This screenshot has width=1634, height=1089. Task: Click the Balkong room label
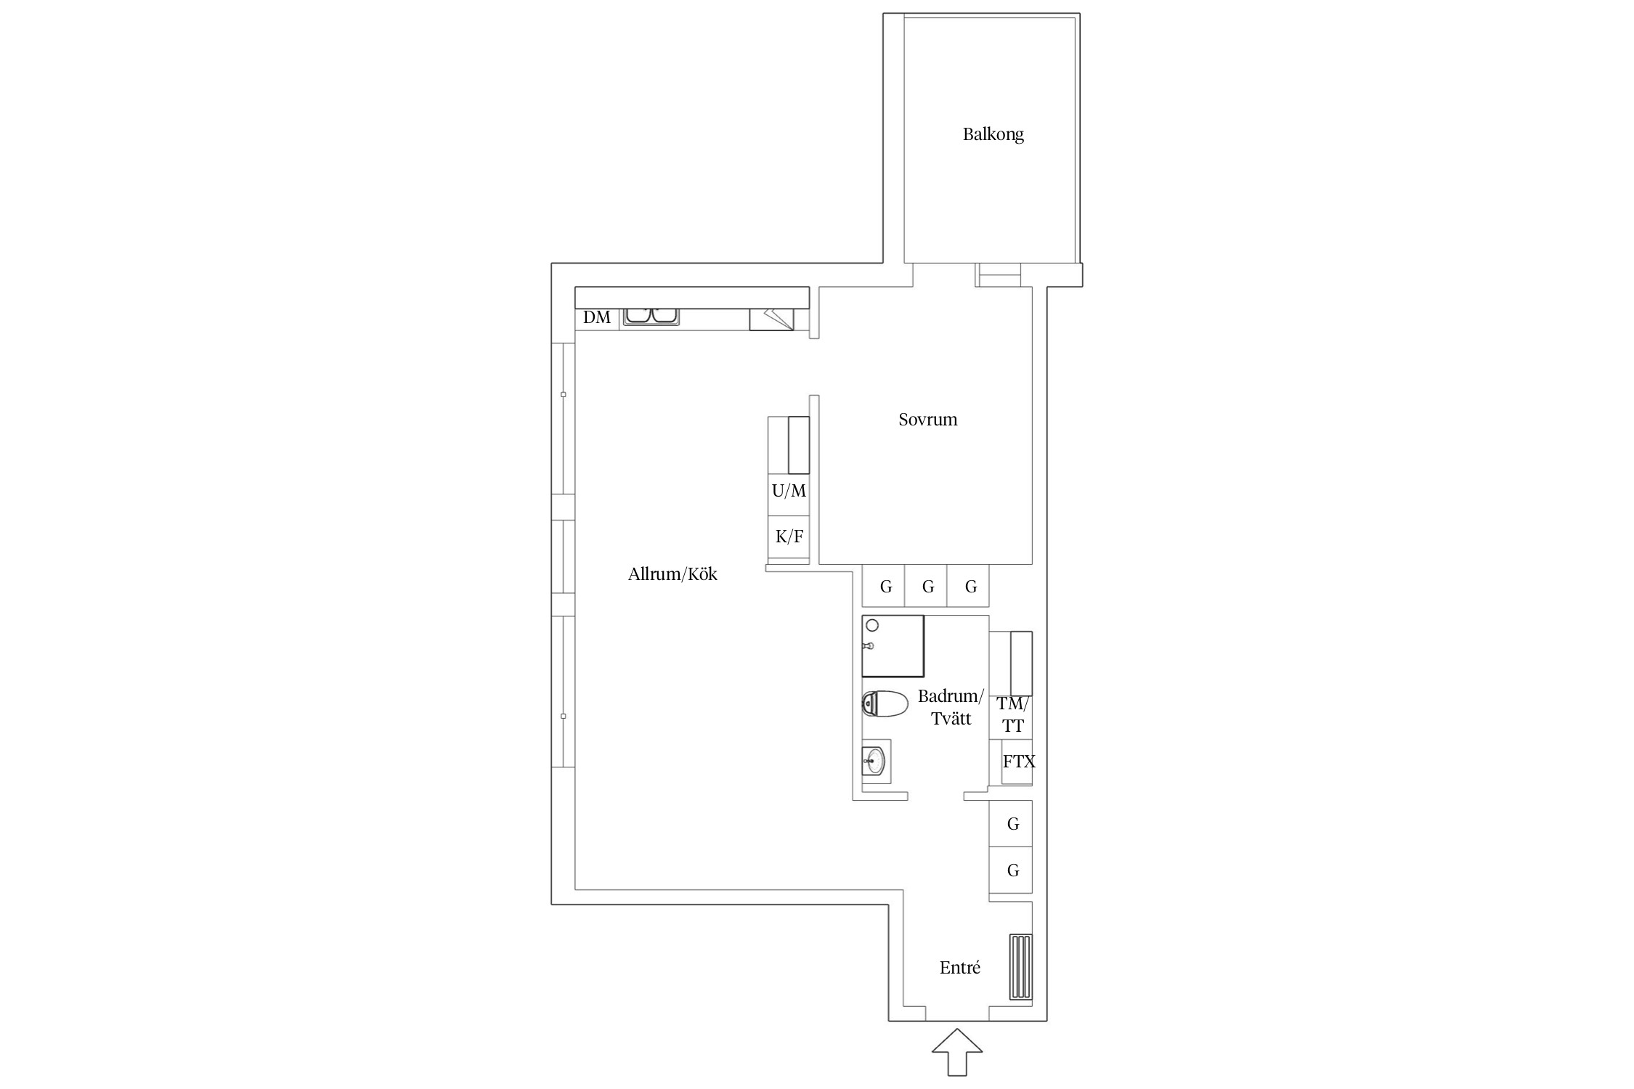[993, 134]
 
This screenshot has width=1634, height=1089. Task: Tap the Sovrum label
[927, 420]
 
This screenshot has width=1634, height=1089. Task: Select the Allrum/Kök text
[672, 574]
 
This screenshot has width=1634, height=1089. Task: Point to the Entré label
[959, 968]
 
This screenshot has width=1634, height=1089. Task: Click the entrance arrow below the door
[957, 1052]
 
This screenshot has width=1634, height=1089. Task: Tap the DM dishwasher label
[597, 317]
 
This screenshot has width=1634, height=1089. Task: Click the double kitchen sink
[650, 316]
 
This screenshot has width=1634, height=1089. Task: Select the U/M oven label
[789, 491]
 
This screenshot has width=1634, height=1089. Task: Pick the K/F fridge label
[789, 537]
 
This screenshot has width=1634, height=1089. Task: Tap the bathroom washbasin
[876, 762]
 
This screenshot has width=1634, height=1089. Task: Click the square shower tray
[893, 646]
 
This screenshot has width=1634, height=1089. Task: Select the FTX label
[1019, 762]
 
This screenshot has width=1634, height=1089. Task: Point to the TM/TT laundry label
[1013, 714]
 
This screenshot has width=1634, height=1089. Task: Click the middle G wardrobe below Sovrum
[927, 587]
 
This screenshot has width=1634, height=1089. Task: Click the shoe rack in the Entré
[1020, 967]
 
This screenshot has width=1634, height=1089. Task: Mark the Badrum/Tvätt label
[951, 708]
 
